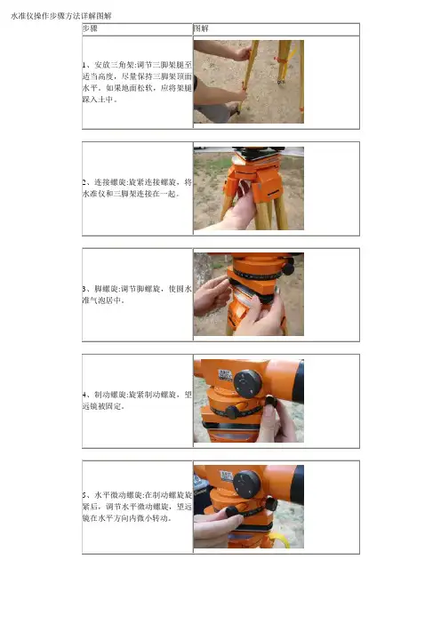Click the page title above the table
click(x=61, y=16)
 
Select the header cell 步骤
click(x=90, y=28)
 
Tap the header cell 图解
click(x=201, y=28)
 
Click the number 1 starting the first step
click(x=84, y=65)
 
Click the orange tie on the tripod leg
click(x=285, y=59)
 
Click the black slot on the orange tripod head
click(x=273, y=193)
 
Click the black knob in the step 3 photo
click(x=288, y=268)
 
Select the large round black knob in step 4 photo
click(x=247, y=384)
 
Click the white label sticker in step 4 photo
click(x=225, y=375)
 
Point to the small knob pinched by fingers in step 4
click(x=270, y=401)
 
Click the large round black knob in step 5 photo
click(x=247, y=484)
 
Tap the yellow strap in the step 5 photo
click(x=280, y=540)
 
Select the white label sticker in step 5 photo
click(x=226, y=476)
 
